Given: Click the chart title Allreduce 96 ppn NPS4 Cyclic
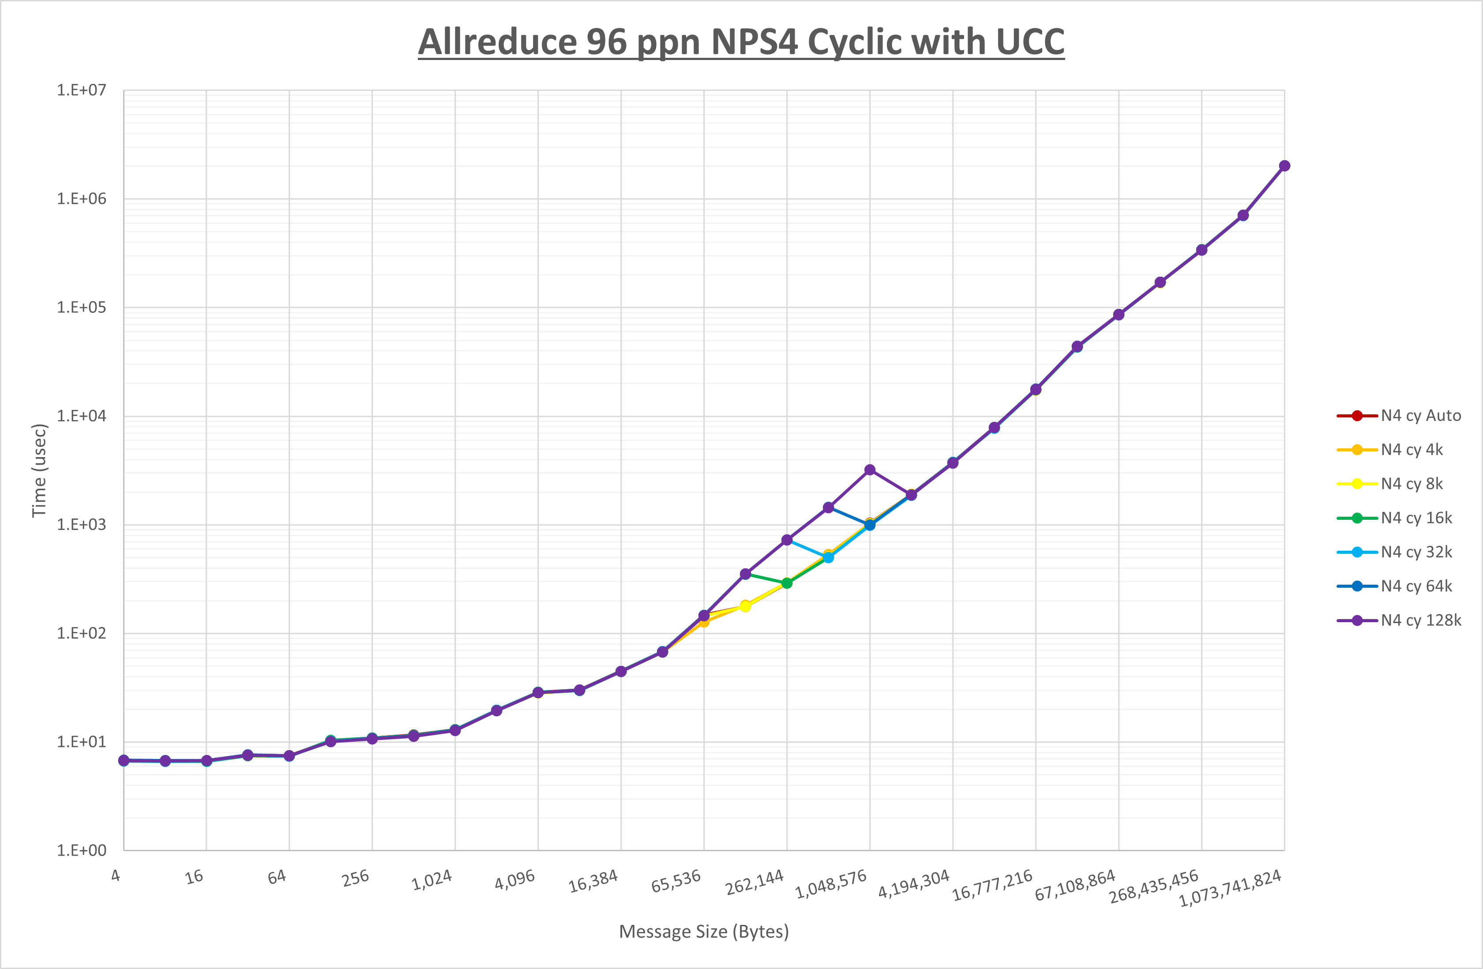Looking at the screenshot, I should (741, 42).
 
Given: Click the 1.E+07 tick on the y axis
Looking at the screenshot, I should (82, 90).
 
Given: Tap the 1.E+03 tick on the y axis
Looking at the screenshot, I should (82, 525).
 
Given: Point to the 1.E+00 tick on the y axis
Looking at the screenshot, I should (82, 851).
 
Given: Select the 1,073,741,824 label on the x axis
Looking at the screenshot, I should (1230, 888).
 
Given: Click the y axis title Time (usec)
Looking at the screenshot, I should (39, 470).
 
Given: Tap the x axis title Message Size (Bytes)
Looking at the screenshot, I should (703, 931).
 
